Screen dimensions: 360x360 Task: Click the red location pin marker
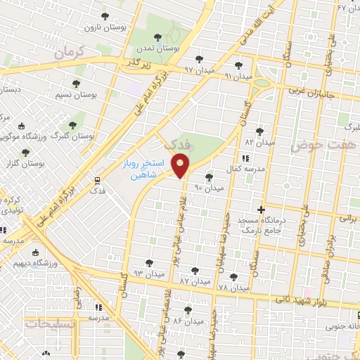click(181, 167)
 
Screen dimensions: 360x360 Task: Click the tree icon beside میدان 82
click(259, 131)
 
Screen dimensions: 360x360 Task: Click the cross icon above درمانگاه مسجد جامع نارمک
click(261, 209)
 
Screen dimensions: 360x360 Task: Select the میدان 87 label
click(194, 280)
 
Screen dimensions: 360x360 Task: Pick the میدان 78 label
click(234, 288)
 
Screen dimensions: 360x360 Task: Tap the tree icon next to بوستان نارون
click(105, 15)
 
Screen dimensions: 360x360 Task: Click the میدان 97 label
click(198, 70)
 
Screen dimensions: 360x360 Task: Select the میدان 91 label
click(238, 74)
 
